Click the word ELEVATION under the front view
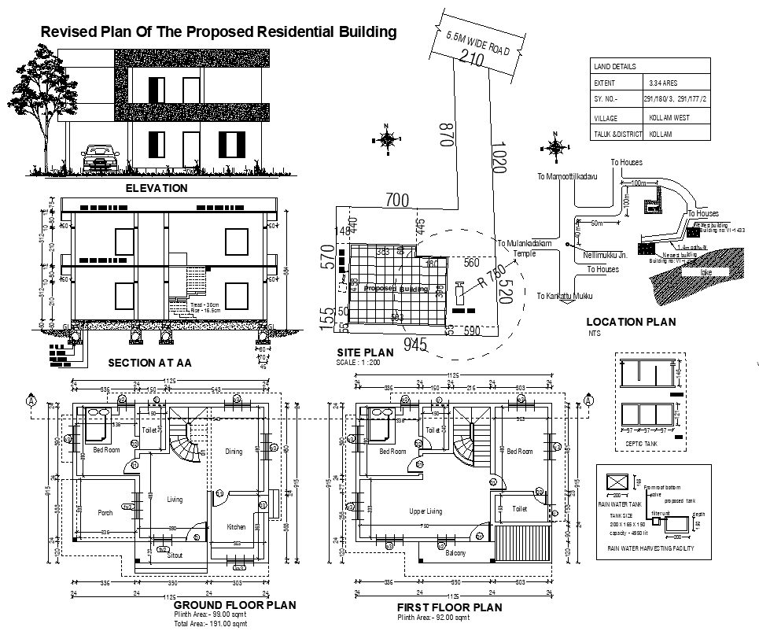157,188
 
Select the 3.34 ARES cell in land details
663,83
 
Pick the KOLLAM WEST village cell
669,117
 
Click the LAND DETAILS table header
615,67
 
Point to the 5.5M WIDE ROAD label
477,43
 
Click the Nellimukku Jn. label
605,255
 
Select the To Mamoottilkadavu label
567,177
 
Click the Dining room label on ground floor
234,452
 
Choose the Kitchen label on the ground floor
236,526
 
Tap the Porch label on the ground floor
105,512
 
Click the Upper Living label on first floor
426,511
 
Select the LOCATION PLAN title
631,322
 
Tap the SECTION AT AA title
149,363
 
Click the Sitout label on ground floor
174,555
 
